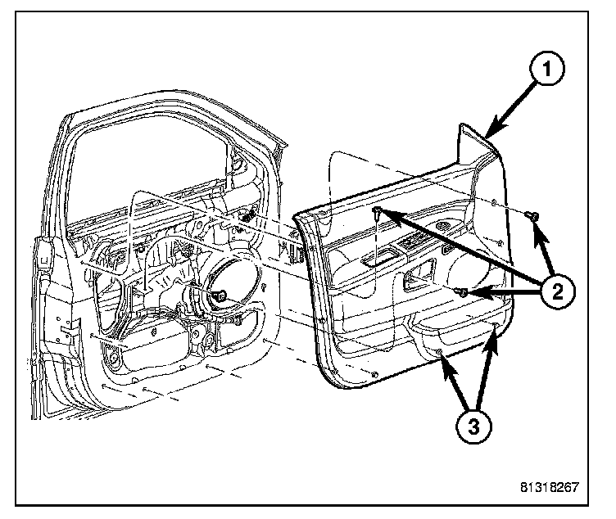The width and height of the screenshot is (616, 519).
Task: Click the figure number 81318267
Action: pyautogui.click(x=549, y=487)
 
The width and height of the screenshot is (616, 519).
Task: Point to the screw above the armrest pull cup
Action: pyautogui.click(x=377, y=212)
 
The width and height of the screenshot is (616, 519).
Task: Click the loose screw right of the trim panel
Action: pyautogui.click(x=532, y=216)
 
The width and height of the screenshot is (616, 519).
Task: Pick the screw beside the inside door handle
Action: pyautogui.click(x=462, y=291)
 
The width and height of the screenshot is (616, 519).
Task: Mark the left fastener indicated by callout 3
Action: pyautogui.click(x=440, y=353)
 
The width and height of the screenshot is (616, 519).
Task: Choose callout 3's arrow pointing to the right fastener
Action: pyautogui.click(x=487, y=368)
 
